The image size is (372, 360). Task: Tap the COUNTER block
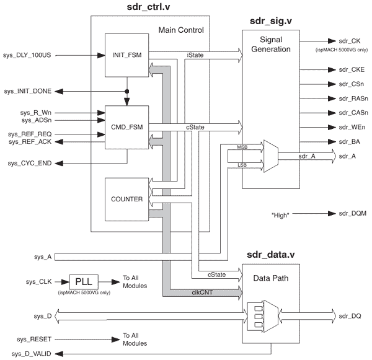coord(126,200)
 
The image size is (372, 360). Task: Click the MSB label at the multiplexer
coord(242,147)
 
